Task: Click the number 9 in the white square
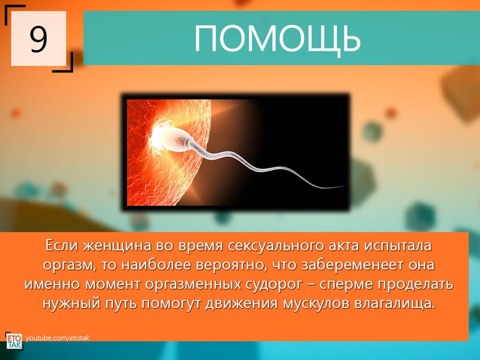(x=38, y=39)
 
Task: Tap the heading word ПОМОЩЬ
(x=277, y=38)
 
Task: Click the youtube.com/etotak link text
(x=57, y=338)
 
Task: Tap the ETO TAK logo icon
(x=14, y=341)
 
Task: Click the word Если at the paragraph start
(x=62, y=246)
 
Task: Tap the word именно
(x=53, y=284)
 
